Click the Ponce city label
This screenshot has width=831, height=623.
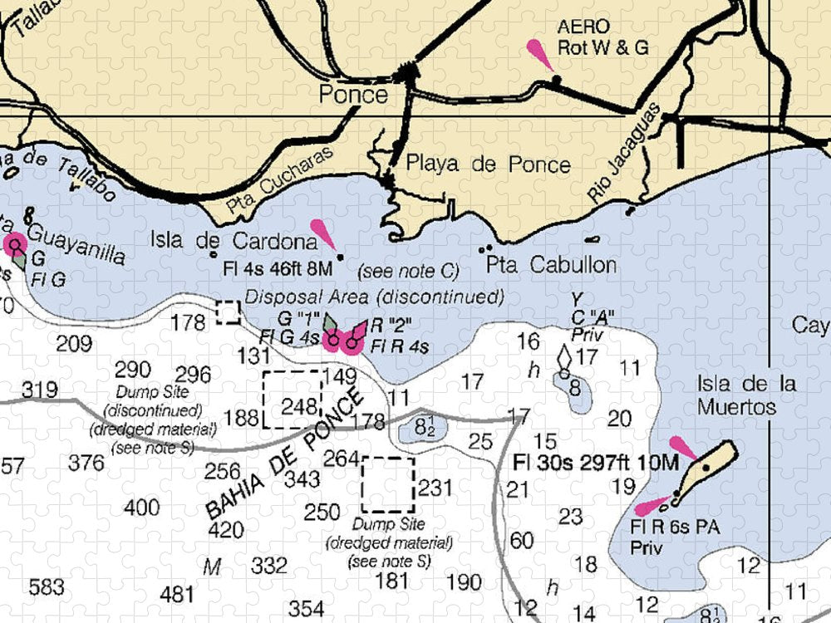click(x=353, y=95)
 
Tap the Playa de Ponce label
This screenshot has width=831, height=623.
click(x=488, y=164)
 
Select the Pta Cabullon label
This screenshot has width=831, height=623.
click(x=552, y=266)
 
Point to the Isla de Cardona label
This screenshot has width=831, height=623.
click(x=234, y=242)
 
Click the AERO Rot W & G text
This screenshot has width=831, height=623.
click(x=602, y=37)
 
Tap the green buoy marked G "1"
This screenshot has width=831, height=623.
click(x=332, y=326)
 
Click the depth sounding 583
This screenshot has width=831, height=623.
click(x=46, y=587)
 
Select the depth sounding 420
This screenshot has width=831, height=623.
click(x=225, y=530)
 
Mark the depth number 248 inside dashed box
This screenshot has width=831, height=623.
click(x=300, y=407)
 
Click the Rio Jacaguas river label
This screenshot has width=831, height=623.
click(x=622, y=155)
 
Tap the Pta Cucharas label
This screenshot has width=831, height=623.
click(x=278, y=179)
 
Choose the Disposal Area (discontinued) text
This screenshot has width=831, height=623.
click(x=375, y=297)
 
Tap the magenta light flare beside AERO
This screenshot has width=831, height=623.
click(x=540, y=54)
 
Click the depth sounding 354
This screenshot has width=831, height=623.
click(x=307, y=609)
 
